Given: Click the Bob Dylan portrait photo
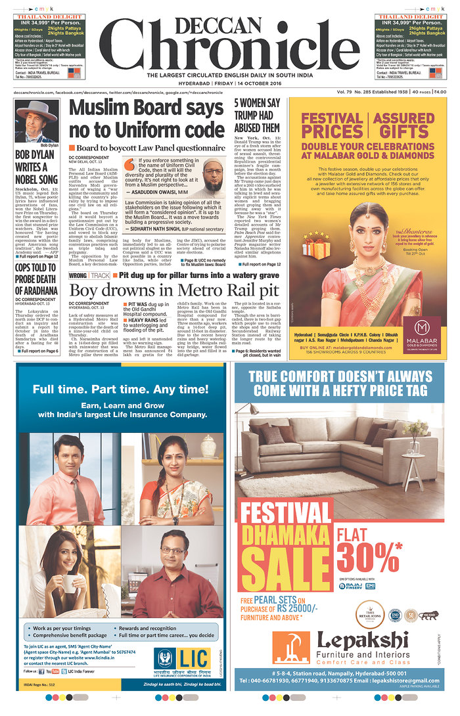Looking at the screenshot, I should click(x=35, y=121).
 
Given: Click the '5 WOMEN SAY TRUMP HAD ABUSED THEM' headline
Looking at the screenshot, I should click(x=257, y=116).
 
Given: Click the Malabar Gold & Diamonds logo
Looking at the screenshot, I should click(x=422, y=326).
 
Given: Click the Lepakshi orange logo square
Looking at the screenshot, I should click(x=289, y=648).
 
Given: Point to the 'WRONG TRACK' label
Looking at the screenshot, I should click(x=90, y=275).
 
